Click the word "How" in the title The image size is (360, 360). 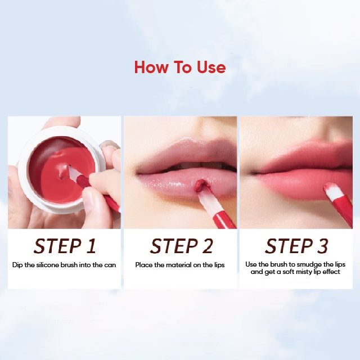[151, 67]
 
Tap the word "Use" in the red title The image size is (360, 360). [211, 67]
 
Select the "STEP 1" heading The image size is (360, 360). [65, 246]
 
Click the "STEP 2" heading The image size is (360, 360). [181, 246]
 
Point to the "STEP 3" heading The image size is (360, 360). [296, 246]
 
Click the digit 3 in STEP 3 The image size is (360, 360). [322, 246]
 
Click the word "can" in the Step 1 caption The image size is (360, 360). [110, 265]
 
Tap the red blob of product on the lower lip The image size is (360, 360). [201, 186]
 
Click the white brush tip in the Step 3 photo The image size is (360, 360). [333, 191]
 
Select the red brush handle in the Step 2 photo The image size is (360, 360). [224, 219]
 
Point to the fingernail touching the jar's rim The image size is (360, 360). [110, 145]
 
